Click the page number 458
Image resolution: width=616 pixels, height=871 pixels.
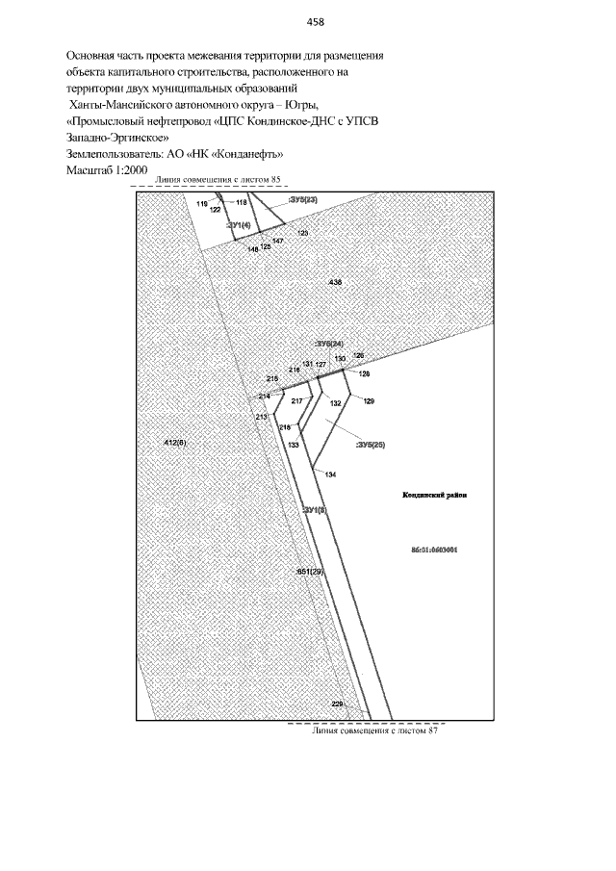(314, 21)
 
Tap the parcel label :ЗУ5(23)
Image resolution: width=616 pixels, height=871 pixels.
(302, 200)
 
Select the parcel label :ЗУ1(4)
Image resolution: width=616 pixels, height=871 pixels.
(238, 224)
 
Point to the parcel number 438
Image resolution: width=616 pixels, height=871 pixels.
(335, 282)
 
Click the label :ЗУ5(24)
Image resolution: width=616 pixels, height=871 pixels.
(329, 344)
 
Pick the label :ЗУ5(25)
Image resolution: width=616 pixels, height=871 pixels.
(371, 446)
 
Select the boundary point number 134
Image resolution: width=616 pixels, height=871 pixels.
(330, 475)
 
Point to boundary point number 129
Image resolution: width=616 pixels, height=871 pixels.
(369, 400)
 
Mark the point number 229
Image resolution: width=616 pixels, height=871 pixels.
(337, 704)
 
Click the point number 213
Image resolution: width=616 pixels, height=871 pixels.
(260, 417)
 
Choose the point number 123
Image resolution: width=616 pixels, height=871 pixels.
(302, 233)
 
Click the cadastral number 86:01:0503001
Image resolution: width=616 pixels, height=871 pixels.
(433, 551)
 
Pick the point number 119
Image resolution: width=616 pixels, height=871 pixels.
(201, 205)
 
